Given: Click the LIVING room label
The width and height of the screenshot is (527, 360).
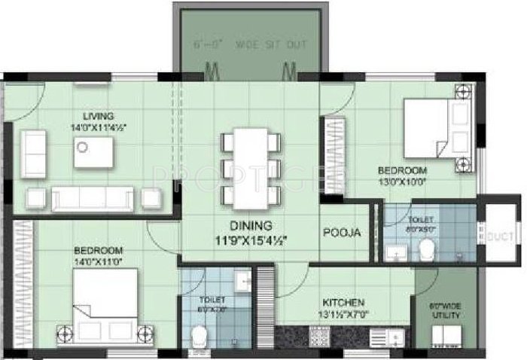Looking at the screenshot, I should pos(99,116).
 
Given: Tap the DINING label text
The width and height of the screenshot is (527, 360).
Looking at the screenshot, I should pos(252,226).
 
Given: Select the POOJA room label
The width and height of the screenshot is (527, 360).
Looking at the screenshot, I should pos(343,233).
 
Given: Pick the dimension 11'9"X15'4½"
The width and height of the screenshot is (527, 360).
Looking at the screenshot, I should pos(252,240).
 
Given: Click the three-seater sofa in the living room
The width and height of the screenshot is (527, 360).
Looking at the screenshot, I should pos(91,197).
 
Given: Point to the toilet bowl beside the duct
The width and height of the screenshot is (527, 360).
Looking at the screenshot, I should pos(428,249).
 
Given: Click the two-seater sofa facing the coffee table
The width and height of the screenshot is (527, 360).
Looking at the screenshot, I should pos(33,154).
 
